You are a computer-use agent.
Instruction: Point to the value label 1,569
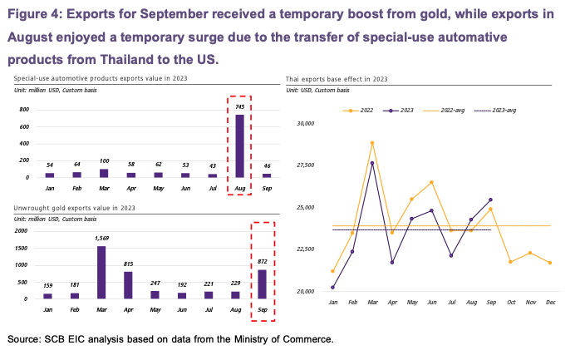tap(101, 239)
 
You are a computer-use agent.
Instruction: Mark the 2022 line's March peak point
tap(371, 142)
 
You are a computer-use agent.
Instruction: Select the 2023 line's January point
tap(333, 288)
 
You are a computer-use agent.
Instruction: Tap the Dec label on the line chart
tap(549, 301)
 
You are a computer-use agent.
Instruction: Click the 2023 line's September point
tap(491, 200)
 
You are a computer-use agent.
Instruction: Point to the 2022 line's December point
tap(549, 263)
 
